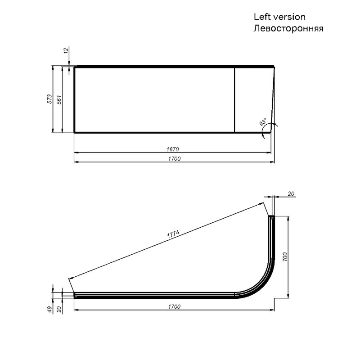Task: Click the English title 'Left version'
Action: click(x=279, y=17)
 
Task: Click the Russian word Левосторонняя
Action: click(x=288, y=28)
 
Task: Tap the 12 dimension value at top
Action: click(x=66, y=50)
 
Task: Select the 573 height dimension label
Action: click(x=49, y=99)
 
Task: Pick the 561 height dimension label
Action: click(x=59, y=99)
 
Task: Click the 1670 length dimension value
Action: click(x=173, y=149)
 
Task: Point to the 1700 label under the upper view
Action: click(x=174, y=159)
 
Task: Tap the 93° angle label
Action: click(x=263, y=121)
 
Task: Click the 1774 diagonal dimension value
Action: click(x=173, y=234)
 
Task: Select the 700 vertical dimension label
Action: click(x=285, y=257)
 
